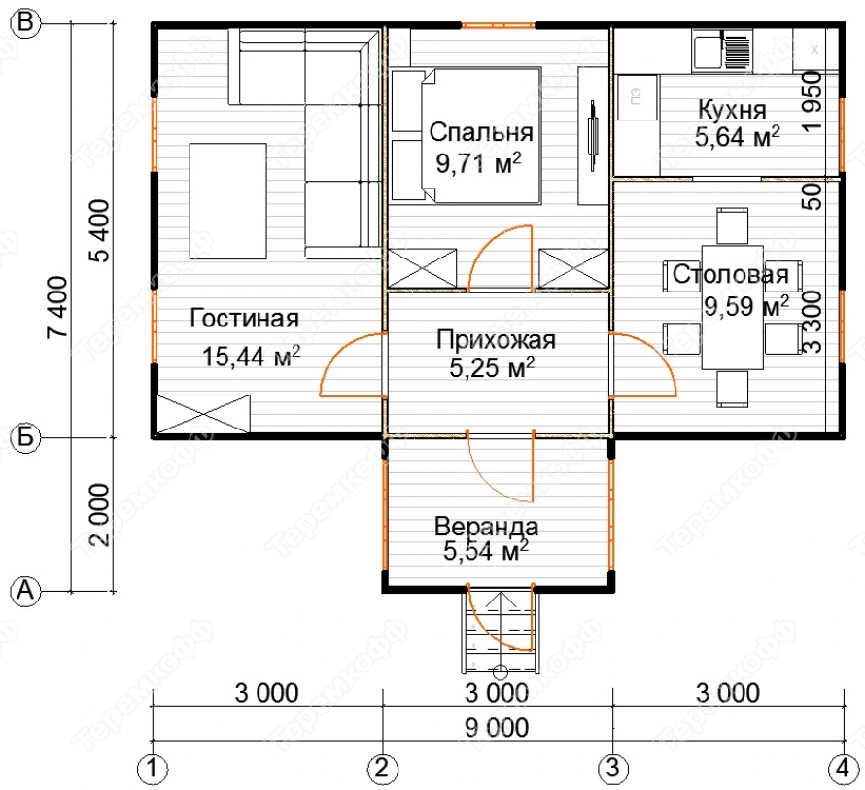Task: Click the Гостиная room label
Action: pyautogui.click(x=244, y=319)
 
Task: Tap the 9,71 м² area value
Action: pyautogui.click(x=479, y=162)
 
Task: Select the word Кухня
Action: pyautogui.click(x=732, y=110)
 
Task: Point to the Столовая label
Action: pyautogui.click(x=731, y=274)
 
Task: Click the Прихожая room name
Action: pyautogui.click(x=496, y=340)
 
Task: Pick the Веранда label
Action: pyautogui.click(x=486, y=527)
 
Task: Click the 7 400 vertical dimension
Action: pyautogui.click(x=57, y=307)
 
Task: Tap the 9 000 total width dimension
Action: pyautogui.click(x=497, y=728)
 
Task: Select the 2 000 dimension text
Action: pyautogui.click(x=100, y=515)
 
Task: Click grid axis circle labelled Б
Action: pyautogui.click(x=26, y=437)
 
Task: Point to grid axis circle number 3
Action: pyautogui.click(x=612, y=768)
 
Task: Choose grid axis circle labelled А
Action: pyautogui.click(x=26, y=592)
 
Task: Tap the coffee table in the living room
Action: pyautogui.click(x=227, y=201)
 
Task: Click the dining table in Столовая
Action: pyautogui.click(x=732, y=307)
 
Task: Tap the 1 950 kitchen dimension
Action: pyautogui.click(x=813, y=101)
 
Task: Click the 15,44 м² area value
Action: pyautogui.click(x=252, y=357)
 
